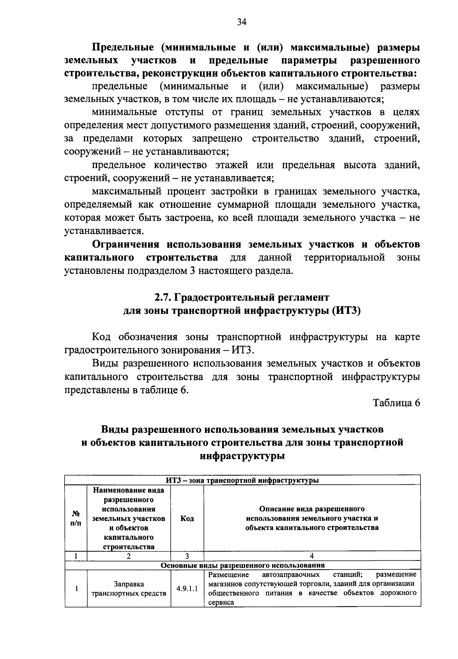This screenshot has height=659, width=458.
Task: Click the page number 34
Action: coord(242,22)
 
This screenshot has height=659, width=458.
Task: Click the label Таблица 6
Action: coord(396,403)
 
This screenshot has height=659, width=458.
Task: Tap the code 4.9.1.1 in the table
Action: coord(187,588)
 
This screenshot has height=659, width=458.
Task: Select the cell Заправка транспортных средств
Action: coord(129,588)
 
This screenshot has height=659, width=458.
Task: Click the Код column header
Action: coord(187,518)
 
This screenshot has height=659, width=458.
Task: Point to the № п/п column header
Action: coord(76,518)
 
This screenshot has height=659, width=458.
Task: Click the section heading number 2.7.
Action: coord(162,297)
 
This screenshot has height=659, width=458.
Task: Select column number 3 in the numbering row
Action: coord(187,556)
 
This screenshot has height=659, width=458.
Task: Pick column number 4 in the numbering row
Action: coord(312,556)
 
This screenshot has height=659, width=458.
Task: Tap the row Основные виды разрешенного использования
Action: coord(243,565)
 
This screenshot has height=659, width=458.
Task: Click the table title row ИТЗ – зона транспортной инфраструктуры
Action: coord(243,480)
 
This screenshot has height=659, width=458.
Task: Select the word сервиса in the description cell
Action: coord(221,602)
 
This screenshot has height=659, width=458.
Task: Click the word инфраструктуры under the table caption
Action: coord(242,456)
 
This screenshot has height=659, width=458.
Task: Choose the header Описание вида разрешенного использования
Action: coord(312,518)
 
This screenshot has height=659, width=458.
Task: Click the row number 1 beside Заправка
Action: coord(76,588)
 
